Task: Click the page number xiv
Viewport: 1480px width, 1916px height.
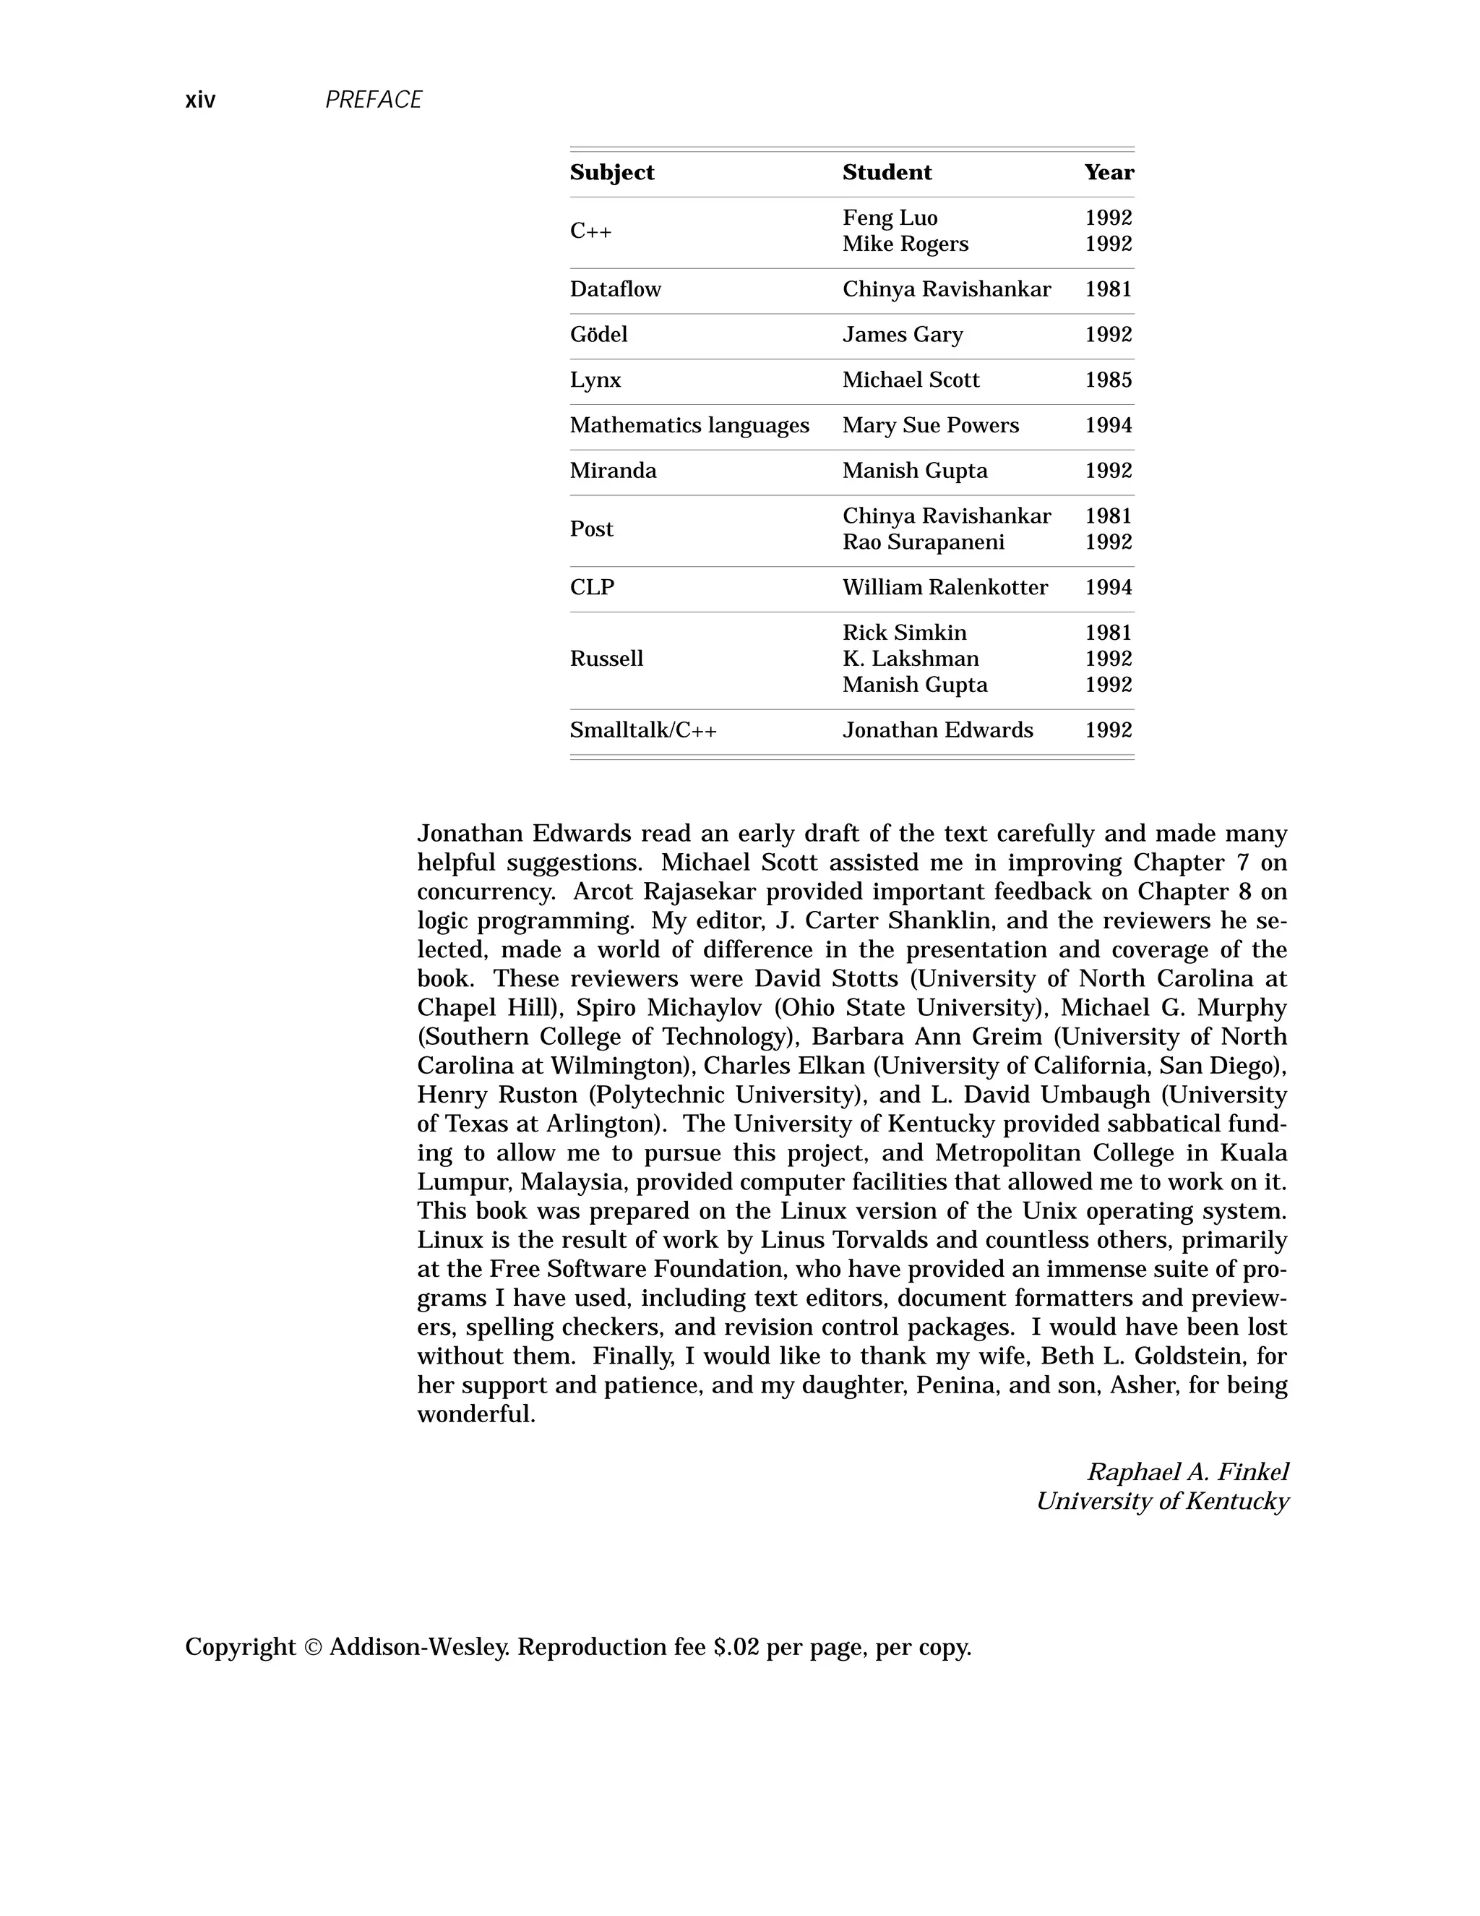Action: tap(200, 100)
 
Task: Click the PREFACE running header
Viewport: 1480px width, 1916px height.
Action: tap(374, 100)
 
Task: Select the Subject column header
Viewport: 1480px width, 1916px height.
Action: tap(612, 173)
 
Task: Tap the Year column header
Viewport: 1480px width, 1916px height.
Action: tap(1109, 173)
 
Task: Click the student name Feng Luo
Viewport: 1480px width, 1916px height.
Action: tap(890, 218)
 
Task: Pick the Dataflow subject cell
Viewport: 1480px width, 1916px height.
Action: tap(616, 289)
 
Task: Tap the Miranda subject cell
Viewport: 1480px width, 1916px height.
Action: tap(613, 471)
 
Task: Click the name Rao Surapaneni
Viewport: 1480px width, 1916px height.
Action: tap(924, 543)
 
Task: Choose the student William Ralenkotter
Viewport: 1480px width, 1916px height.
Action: tap(945, 588)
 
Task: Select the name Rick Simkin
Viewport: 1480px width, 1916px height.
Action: tap(904, 633)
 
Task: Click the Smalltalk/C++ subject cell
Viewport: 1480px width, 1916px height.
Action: tap(642, 731)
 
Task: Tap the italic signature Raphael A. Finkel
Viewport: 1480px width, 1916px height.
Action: tap(1187, 1472)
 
